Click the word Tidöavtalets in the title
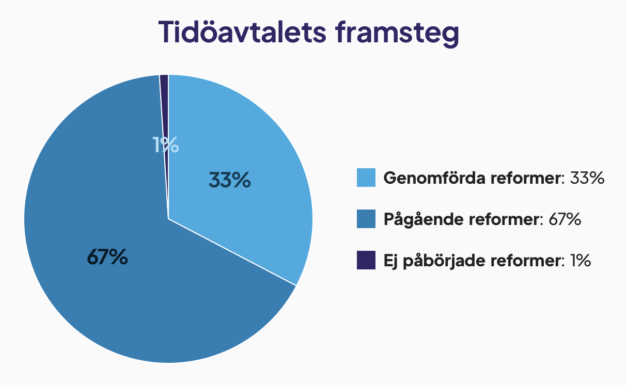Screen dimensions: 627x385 coord(242,32)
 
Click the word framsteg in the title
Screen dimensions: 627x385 coord(398,34)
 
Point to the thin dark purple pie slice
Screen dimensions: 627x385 coord(165,112)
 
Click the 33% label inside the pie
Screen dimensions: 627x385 coord(229,180)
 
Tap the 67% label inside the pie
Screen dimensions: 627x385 coord(107,257)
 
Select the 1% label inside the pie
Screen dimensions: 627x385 coord(165,145)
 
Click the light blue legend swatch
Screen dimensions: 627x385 coord(366,178)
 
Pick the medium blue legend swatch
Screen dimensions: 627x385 coord(366,219)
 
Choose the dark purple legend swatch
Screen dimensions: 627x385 coord(366,260)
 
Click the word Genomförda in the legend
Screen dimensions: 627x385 coord(434,178)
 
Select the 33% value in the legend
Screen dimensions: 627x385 coord(587,178)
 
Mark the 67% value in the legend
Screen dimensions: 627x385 coord(565,219)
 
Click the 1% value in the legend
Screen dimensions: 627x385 coord(581,261)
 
